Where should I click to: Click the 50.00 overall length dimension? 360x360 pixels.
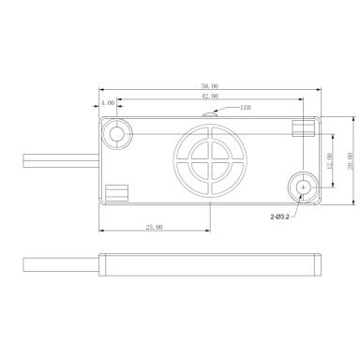pos(210,86)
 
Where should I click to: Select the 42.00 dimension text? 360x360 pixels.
pos(210,96)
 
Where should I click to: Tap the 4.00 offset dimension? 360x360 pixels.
pos(108,103)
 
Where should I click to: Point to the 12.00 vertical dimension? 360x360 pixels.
pos(329,161)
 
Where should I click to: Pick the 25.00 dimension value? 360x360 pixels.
pos(155,227)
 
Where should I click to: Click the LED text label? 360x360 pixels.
pos(246,108)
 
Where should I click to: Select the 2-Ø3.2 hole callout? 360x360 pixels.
pos(279,217)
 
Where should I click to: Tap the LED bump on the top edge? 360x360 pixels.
pos(209,114)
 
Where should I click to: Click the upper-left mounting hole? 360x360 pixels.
pos(116,134)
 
